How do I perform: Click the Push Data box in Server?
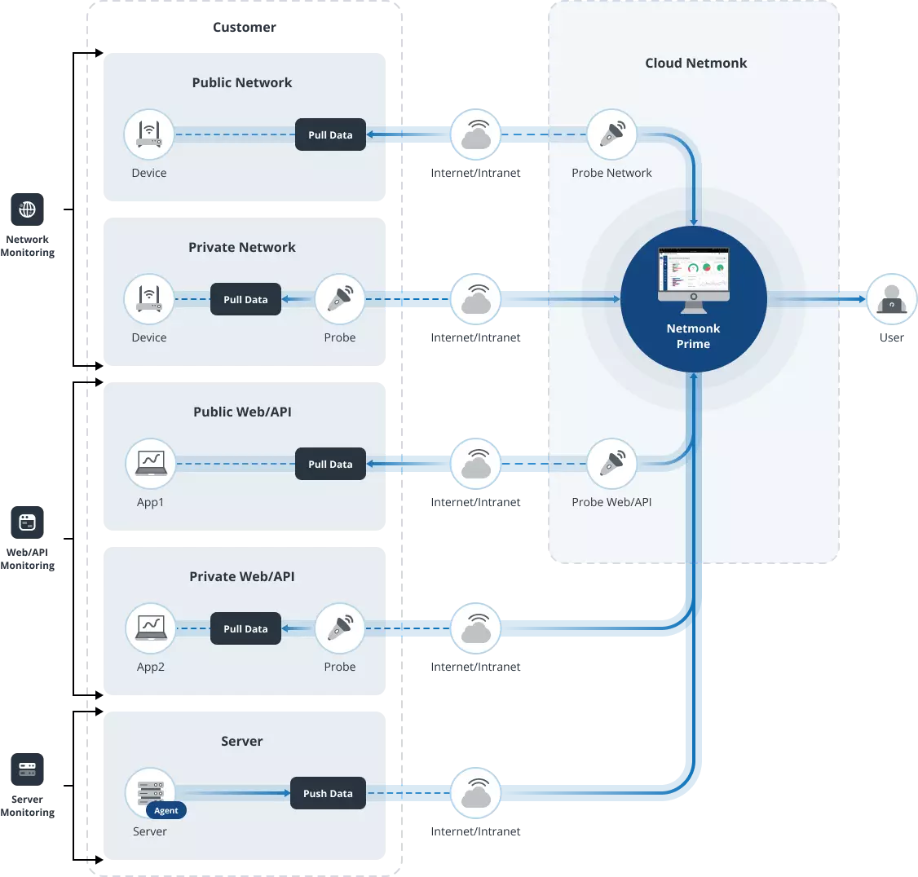(x=328, y=793)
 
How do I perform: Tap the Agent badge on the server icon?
(x=166, y=810)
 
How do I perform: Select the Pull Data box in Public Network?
(x=330, y=134)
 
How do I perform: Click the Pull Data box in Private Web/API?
(x=245, y=628)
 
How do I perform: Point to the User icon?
(x=892, y=299)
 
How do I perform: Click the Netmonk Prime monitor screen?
(x=694, y=274)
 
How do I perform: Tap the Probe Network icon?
(x=611, y=134)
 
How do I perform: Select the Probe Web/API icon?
(x=611, y=464)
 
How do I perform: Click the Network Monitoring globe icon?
(x=28, y=209)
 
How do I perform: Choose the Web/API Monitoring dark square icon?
(x=28, y=522)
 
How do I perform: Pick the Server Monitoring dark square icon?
(x=28, y=769)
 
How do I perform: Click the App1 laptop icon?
(x=151, y=464)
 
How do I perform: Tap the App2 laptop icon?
(x=151, y=628)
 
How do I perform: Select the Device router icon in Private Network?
(x=148, y=299)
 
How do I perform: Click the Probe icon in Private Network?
(x=340, y=299)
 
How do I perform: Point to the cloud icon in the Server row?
(x=475, y=793)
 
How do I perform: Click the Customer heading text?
(x=244, y=27)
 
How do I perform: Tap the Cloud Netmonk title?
(x=695, y=63)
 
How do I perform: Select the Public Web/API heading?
(x=242, y=412)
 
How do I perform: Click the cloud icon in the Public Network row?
(x=475, y=134)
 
